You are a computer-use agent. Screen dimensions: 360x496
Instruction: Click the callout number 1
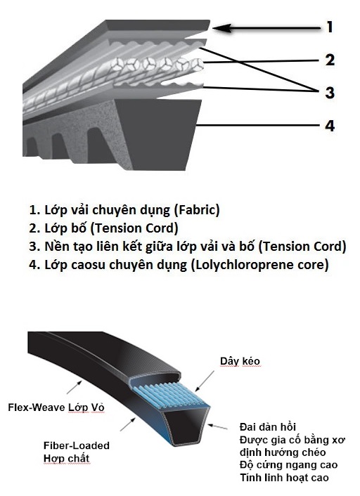330,27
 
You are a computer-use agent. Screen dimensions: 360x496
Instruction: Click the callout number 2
330,60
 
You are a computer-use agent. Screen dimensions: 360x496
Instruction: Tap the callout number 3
330,93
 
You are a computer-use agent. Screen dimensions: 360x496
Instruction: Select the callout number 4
330,126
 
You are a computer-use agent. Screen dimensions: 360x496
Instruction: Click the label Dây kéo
240,361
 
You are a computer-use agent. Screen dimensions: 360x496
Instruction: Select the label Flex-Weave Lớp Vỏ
56,407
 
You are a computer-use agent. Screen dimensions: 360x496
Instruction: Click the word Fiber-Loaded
77,445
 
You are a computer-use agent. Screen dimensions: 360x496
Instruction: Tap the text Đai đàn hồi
268,426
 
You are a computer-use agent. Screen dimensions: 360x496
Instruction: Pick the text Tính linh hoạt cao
284,477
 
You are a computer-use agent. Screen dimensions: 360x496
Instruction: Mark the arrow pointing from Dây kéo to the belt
205,381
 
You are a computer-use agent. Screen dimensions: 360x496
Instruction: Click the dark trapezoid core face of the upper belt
157,132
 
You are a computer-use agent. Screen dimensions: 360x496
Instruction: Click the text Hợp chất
67,458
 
